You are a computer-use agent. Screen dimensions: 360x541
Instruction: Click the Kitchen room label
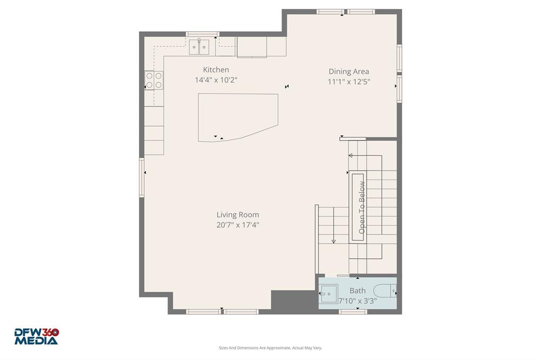pos(216,70)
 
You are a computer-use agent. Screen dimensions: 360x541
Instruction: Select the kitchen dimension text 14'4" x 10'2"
pos(216,80)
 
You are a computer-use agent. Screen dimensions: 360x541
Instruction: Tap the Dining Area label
pos(349,71)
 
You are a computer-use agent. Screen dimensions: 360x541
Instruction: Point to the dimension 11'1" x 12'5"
pos(349,82)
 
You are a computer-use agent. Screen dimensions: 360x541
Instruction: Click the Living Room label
pos(238,214)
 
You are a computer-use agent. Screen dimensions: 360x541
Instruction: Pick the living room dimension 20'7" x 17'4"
pos(238,225)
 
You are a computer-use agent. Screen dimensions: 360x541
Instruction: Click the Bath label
pos(358,290)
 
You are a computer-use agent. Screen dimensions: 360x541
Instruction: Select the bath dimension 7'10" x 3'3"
pos(358,301)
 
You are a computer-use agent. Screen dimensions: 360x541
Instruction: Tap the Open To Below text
pos(362,207)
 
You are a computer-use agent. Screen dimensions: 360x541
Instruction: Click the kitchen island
pos(237,116)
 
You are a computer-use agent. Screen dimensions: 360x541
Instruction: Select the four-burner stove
pos(154,80)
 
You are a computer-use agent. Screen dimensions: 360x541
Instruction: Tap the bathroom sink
pos(329,293)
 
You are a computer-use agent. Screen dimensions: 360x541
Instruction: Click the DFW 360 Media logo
pos(36,336)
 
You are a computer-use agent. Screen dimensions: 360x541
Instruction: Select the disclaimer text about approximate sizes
pos(270,348)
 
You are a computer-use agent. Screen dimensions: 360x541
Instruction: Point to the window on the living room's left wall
pos(142,177)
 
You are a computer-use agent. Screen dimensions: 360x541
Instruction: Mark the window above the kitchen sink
pos(202,34)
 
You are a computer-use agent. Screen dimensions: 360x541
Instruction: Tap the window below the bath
pos(353,312)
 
